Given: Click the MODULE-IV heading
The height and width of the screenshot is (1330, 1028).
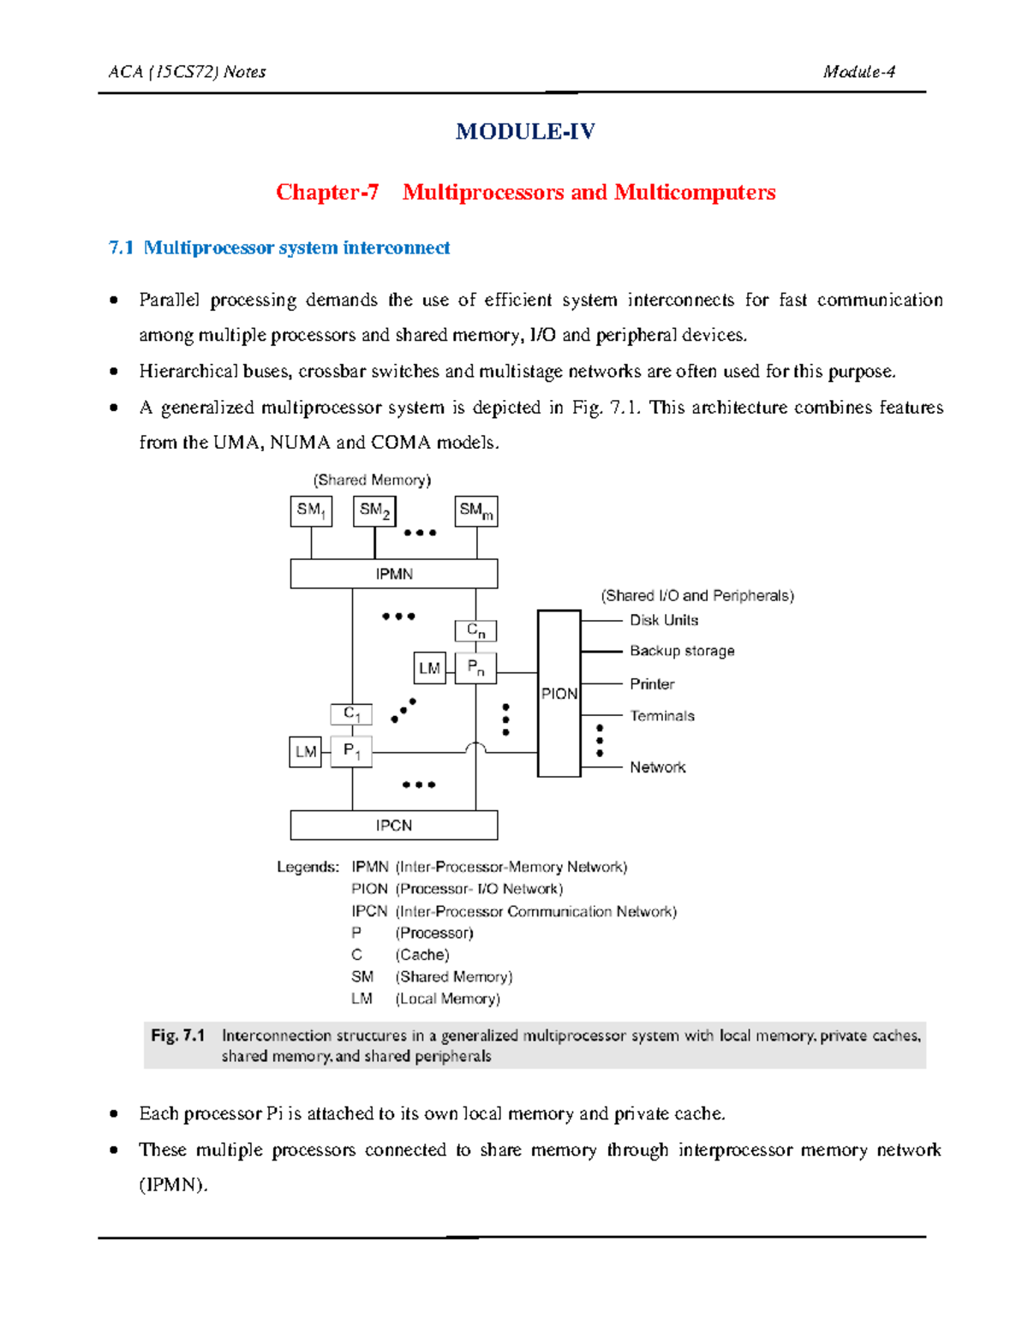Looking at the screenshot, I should coord(525,131).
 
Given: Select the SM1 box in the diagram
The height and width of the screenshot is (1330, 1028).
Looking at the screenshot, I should coord(311,511).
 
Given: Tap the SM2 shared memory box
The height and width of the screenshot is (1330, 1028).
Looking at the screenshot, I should coord(374,511).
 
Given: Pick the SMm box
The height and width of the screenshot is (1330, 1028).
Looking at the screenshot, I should coord(476,511).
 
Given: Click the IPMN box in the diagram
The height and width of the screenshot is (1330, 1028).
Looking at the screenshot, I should coord(394,574).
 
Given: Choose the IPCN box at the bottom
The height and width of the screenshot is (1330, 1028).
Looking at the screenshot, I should coord(394,826).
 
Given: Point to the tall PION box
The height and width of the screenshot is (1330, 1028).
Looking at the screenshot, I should coord(559,694).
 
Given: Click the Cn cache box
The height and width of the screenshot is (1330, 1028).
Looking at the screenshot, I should coord(475,631).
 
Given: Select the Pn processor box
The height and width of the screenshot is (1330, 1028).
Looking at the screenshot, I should coord(475,667).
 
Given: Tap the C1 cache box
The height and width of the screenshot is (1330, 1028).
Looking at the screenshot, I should coord(351,713).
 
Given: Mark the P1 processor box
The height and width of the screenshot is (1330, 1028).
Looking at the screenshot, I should coord(351,751).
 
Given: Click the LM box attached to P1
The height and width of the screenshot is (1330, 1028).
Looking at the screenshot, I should coord(306,752).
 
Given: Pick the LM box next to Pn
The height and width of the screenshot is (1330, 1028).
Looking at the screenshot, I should coord(429,668).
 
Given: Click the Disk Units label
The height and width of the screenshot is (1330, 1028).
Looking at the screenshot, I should coord(664,620).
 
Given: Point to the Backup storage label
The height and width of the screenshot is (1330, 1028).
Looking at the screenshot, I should coord(682,651).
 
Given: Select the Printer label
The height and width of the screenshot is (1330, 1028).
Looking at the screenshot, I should coord(652,684).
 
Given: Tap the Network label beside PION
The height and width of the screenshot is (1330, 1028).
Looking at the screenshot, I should coord(658,767).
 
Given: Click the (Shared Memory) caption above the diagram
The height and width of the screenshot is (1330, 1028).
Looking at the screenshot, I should coord(372,480).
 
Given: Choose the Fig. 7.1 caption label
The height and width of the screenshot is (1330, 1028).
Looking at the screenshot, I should coord(178,1035).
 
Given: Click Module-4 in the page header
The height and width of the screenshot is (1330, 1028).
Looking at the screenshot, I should coord(859,72).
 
